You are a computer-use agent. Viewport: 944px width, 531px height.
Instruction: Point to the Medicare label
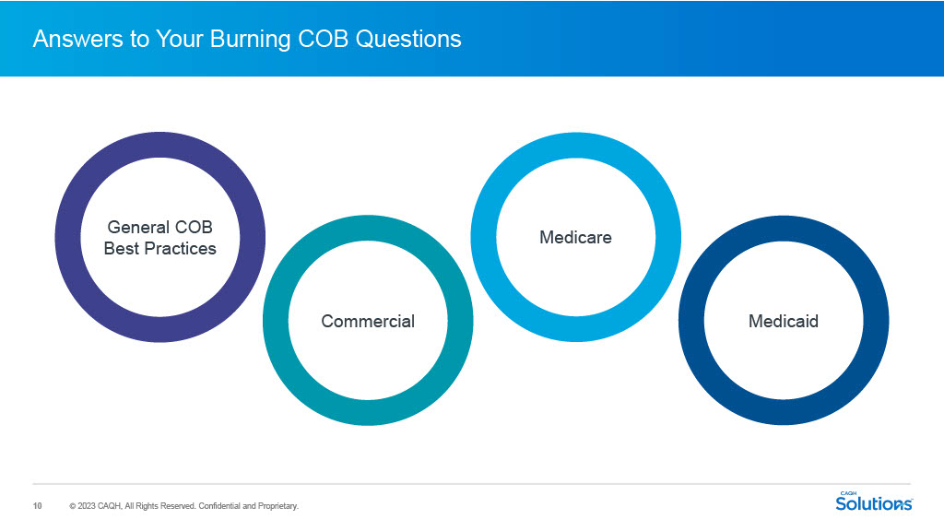(575, 238)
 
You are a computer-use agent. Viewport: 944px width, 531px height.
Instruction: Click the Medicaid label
(783, 321)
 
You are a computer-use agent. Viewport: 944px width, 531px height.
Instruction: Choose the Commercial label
(368, 321)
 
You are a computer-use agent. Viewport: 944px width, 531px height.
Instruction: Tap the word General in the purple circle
(138, 227)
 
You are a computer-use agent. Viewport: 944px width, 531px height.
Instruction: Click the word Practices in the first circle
(181, 249)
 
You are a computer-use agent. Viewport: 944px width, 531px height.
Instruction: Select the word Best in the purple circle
(121, 249)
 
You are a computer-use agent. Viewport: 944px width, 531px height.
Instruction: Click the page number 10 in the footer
(38, 506)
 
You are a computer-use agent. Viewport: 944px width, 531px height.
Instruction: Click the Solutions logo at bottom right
(873, 504)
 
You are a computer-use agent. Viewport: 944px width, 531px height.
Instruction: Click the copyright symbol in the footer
(72, 506)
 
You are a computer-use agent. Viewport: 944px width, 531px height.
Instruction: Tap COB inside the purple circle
(194, 227)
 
